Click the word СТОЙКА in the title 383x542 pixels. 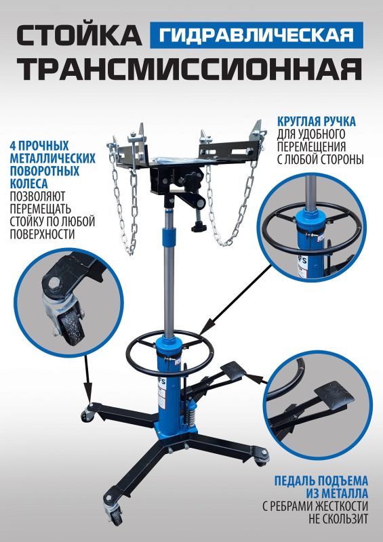(79, 36)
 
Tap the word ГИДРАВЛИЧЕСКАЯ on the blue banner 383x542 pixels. (256, 35)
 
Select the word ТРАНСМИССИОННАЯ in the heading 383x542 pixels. (189, 68)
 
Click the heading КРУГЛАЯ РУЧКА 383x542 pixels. (316, 122)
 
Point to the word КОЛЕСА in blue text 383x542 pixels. (28, 183)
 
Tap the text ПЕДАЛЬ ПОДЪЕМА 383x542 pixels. (321, 481)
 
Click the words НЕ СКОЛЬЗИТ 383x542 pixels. (338, 519)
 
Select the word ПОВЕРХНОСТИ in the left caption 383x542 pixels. (42, 234)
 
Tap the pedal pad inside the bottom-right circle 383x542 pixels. (335, 395)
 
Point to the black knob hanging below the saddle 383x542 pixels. (199, 228)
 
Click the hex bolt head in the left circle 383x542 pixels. (54, 285)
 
